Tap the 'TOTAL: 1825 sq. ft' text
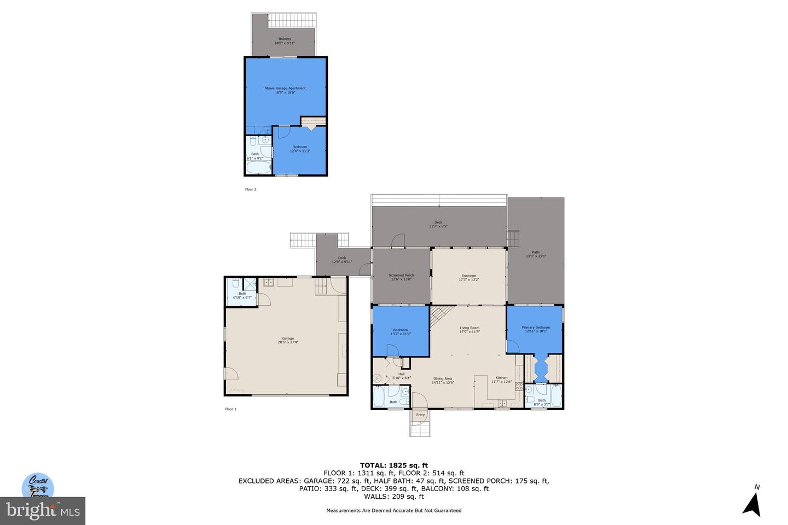pos(393,465)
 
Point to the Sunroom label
pos(468,277)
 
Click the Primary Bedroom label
pos(535,329)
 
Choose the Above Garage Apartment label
pos(285,90)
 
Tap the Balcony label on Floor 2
pos(285,40)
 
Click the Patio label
pos(536,254)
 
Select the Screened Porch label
pos(401,277)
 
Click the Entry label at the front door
pos(420,415)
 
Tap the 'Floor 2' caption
pos(250,189)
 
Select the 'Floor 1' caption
pos(230,409)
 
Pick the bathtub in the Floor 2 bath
pos(259,167)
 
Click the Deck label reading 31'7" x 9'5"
pos(438,224)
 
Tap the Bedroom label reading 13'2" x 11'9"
pos(400,331)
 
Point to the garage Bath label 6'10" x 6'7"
pos(242,295)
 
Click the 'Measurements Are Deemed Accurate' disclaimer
pos(393,510)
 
